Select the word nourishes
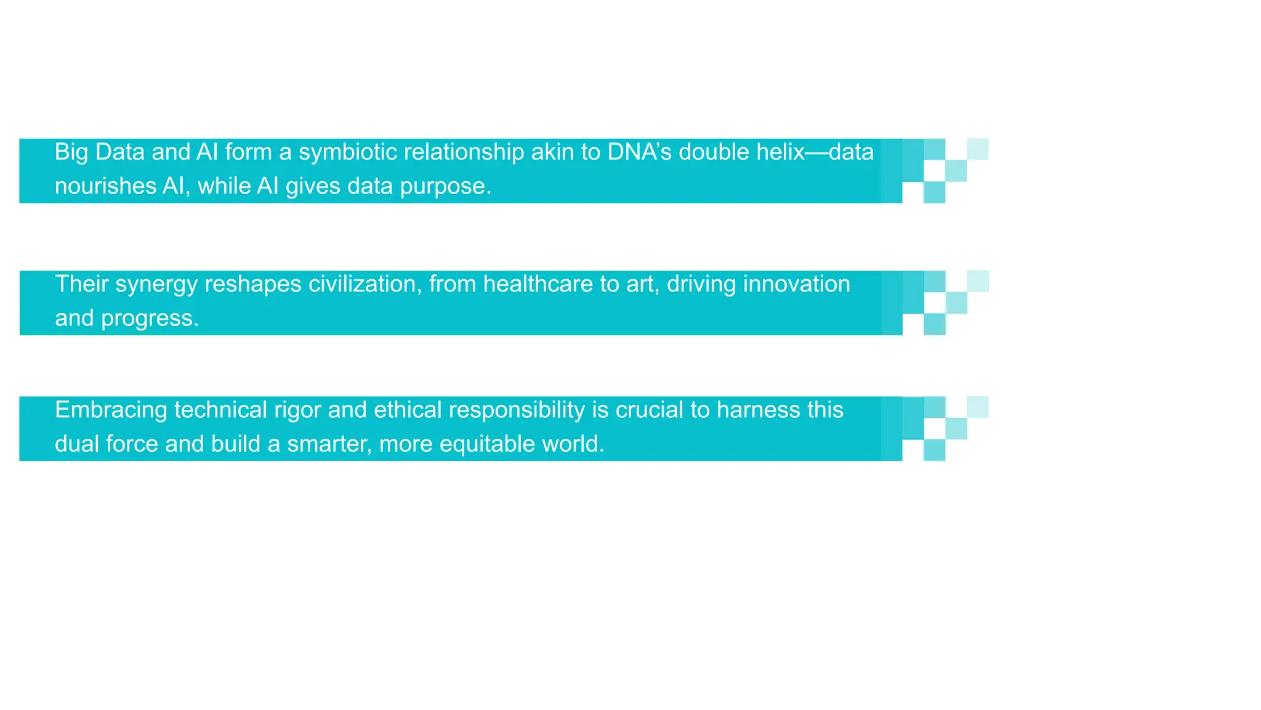coord(105,186)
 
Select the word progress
coord(150,319)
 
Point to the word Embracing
coord(111,410)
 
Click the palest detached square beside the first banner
coord(977,149)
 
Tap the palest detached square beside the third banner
coord(977,407)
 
